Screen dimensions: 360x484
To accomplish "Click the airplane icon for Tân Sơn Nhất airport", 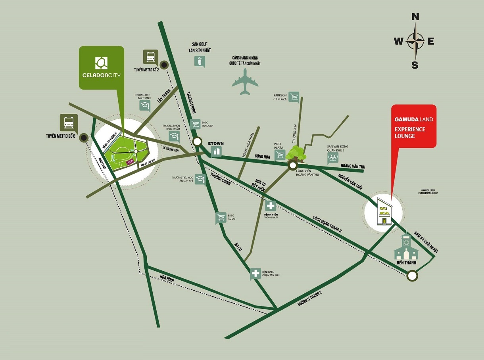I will point(245,82).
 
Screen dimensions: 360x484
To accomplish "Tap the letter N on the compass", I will point(415,17).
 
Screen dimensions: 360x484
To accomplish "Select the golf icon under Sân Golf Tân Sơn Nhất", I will point(200,61).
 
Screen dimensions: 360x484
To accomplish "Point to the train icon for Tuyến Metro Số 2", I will point(151,57).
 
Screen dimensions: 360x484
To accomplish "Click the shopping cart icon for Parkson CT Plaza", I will point(294,97).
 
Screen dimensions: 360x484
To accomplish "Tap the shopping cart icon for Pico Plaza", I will point(280,155).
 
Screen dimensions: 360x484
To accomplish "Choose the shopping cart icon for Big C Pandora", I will point(195,124).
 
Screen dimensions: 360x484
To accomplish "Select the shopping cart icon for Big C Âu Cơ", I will point(221,218).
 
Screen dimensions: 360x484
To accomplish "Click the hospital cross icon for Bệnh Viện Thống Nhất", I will point(271,206).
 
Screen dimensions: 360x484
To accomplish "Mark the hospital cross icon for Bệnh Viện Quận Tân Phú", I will point(255,274).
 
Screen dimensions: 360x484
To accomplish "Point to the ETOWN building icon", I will point(216,151).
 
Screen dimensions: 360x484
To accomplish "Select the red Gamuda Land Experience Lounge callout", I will point(414,126).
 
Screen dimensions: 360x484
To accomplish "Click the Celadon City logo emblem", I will point(101,63).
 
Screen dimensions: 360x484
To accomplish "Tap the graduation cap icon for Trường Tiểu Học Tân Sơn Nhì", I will point(201,180).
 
